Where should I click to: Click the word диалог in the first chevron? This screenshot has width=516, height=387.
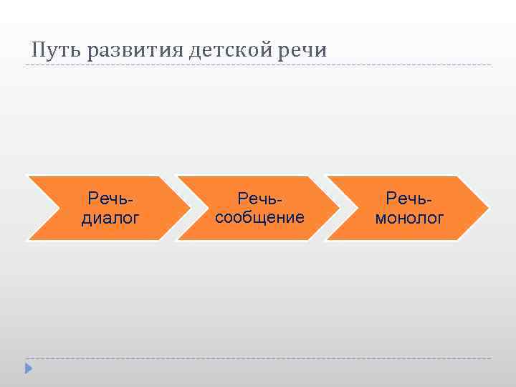click(x=110, y=218)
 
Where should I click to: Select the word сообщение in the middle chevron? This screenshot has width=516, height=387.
click(x=259, y=217)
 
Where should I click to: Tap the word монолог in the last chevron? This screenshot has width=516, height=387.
click(x=409, y=218)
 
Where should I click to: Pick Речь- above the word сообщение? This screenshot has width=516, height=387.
click(x=259, y=198)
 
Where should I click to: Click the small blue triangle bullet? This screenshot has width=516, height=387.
click(x=29, y=368)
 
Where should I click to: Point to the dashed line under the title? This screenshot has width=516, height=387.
click(x=258, y=65)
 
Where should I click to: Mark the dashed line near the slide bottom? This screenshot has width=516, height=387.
click(x=258, y=358)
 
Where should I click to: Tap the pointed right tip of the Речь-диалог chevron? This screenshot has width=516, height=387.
click(x=188, y=209)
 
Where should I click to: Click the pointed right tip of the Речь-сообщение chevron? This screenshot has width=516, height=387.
click(x=339, y=209)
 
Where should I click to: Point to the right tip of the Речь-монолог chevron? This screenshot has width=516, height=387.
click(x=488, y=209)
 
